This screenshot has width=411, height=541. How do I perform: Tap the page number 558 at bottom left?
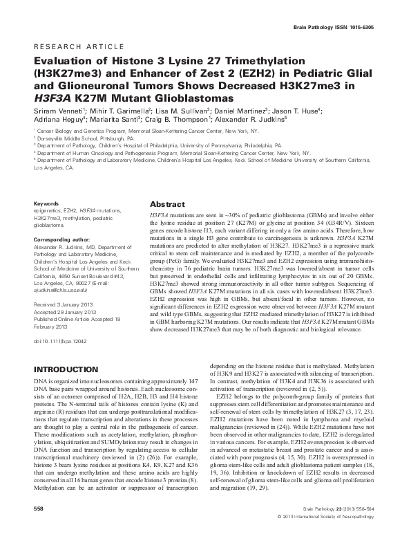[39, 526]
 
